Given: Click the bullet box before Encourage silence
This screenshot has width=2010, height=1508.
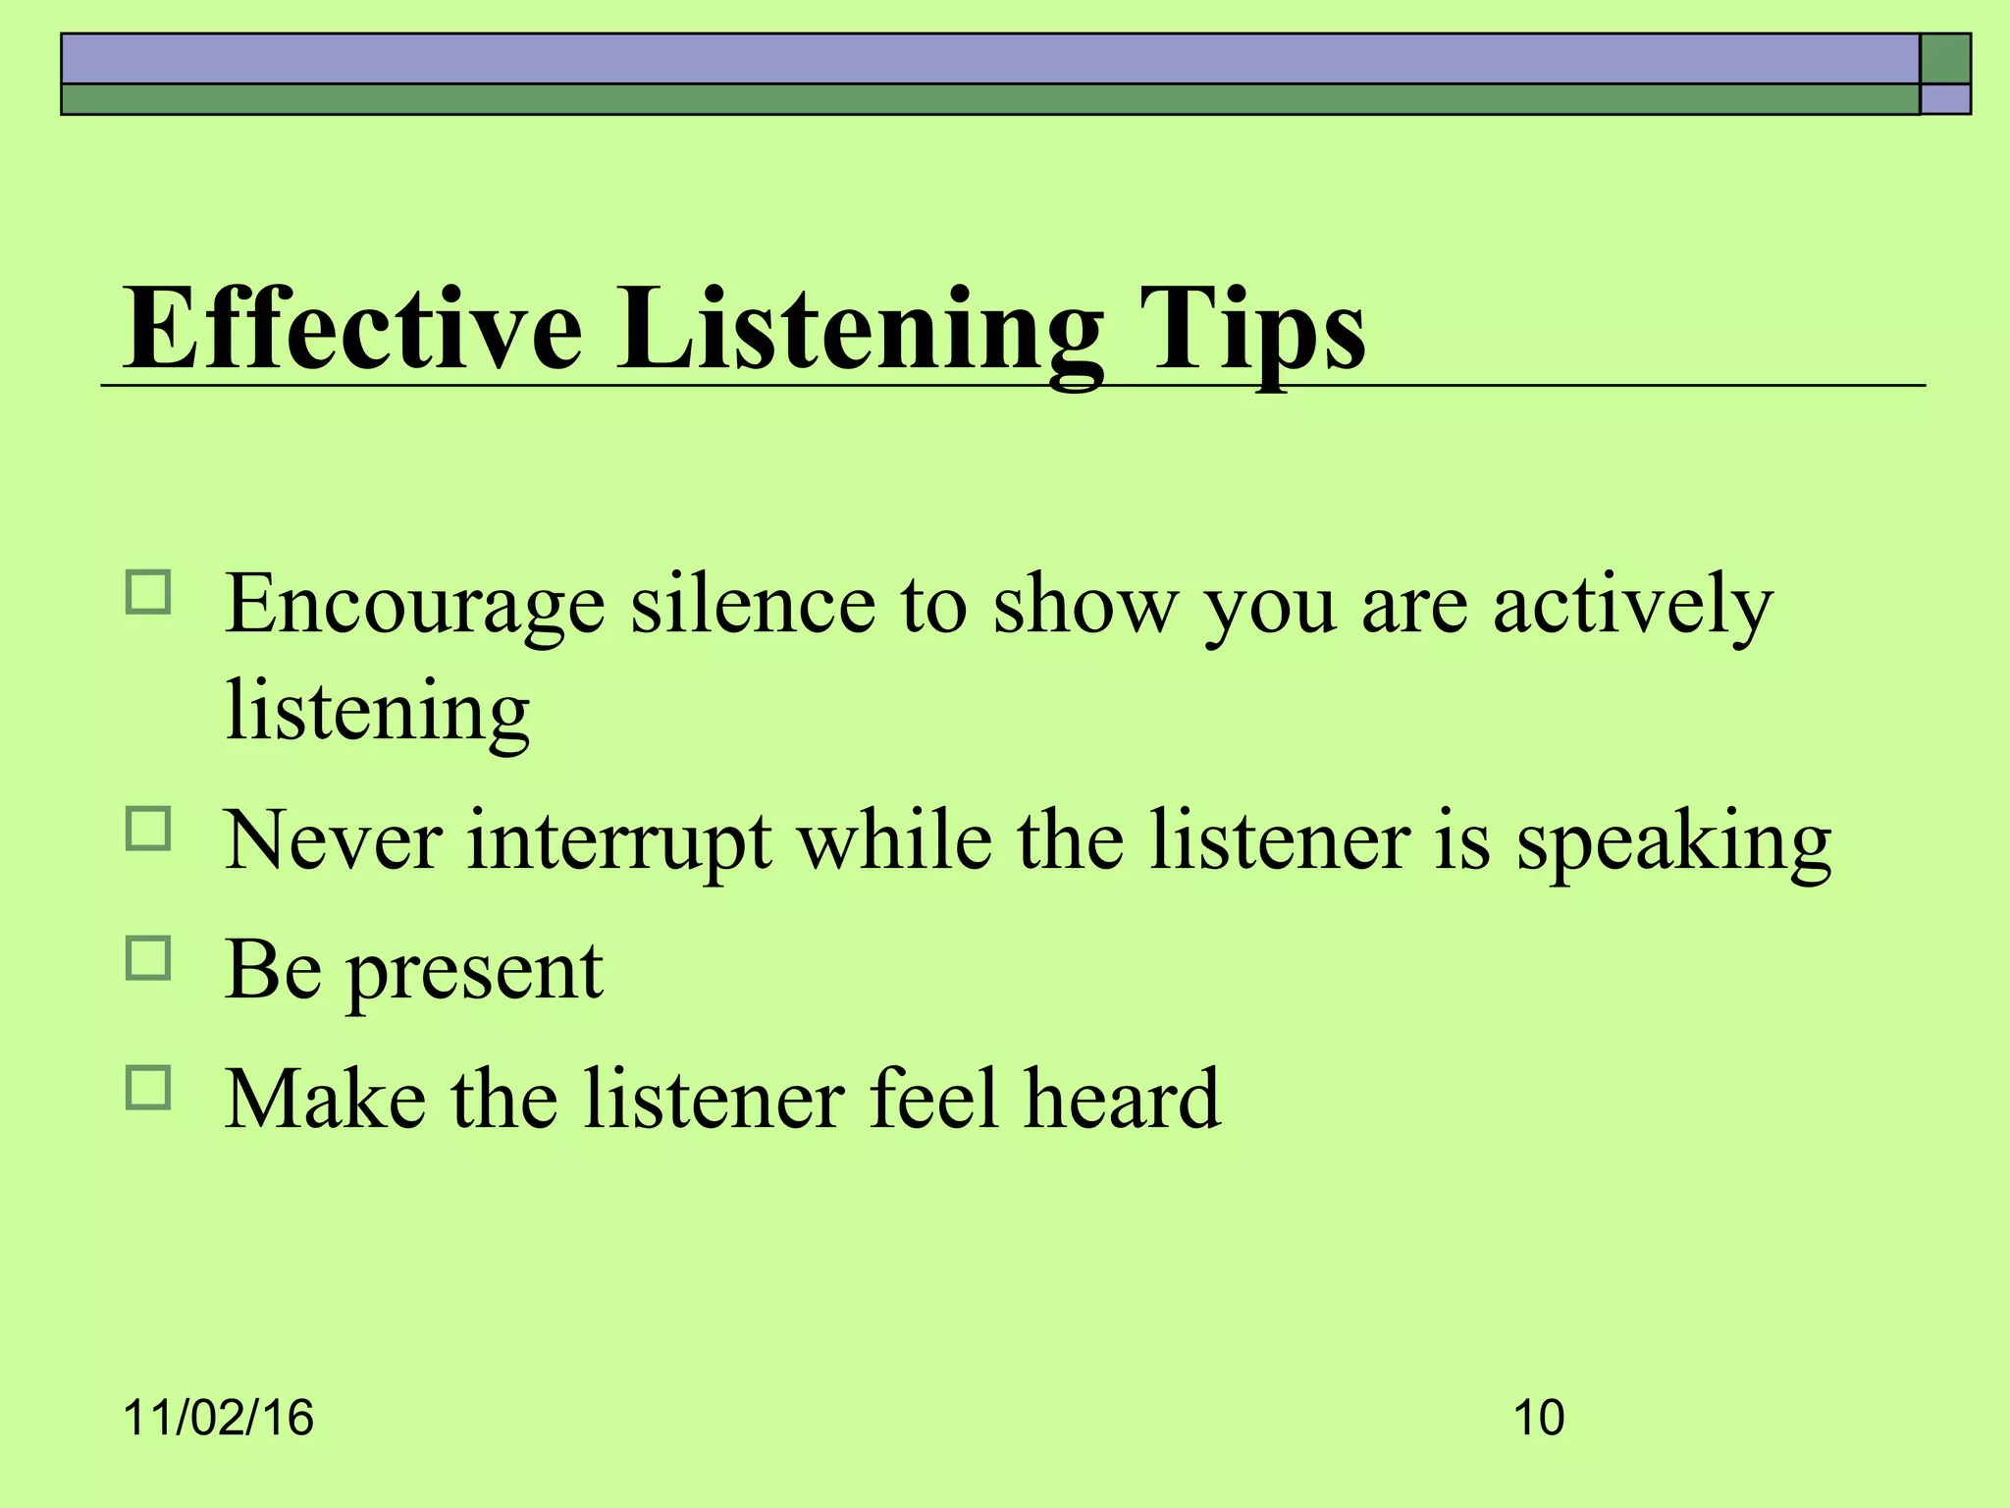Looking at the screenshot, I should point(148,593).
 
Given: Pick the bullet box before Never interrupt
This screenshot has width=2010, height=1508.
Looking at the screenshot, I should point(148,829).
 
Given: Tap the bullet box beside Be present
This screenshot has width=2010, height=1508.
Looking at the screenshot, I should point(148,958).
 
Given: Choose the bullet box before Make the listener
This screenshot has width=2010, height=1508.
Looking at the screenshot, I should point(148,1088).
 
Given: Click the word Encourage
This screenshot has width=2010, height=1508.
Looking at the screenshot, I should point(415,606).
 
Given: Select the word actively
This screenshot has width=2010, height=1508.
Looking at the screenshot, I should point(1632,606).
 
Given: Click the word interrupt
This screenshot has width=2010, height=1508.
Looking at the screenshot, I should point(619,841).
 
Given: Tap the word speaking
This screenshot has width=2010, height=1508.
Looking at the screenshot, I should point(1673,841).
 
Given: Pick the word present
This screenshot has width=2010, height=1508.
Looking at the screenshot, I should point(475,971).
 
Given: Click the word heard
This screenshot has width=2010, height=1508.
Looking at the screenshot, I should point(1123,1099).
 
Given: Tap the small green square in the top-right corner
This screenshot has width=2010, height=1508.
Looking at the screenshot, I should point(1945,59).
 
